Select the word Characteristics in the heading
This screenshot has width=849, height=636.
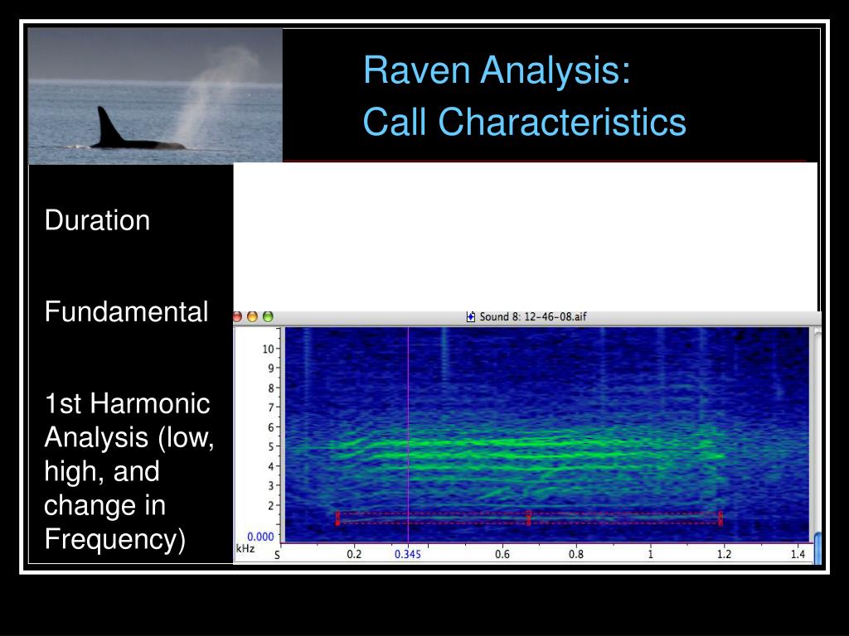click(x=562, y=123)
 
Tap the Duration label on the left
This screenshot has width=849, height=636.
click(x=97, y=221)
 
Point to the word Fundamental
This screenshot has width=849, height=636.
click(x=126, y=312)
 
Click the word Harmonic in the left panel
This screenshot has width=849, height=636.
click(x=150, y=404)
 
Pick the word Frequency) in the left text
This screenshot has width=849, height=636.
click(x=114, y=540)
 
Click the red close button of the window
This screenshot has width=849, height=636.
click(x=238, y=316)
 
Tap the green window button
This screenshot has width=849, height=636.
click(x=268, y=316)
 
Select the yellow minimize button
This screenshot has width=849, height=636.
click(x=253, y=316)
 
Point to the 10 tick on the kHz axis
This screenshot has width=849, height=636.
click(x=268, y=349)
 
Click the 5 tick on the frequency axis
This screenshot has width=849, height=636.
click(x=269, y=446)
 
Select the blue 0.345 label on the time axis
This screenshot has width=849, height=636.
click(x=407, y=554)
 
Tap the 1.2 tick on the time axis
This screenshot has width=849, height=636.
click(x=724, y=554)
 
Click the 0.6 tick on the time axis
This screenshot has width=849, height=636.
click(x=502, y=554)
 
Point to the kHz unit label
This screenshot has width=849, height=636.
click(x=245, y=549)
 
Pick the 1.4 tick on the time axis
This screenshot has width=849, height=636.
click(x=798, y=554)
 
